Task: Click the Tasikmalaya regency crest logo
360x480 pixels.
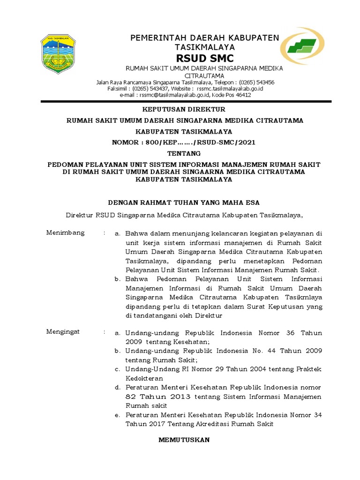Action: tap(61, 53)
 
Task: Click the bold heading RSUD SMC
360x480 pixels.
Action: tap(204, 58)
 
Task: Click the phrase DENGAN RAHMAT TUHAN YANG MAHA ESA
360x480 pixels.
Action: tap(184, 202)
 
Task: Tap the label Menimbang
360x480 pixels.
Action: tap(66, 232)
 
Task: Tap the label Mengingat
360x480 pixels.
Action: tap(63, 331)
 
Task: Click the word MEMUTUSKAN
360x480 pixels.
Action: tap(184, 440)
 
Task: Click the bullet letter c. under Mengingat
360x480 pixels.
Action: tap(118, 369)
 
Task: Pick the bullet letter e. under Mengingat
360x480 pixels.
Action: tap(118, 415)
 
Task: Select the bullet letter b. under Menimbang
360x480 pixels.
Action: tap(118, 279)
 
